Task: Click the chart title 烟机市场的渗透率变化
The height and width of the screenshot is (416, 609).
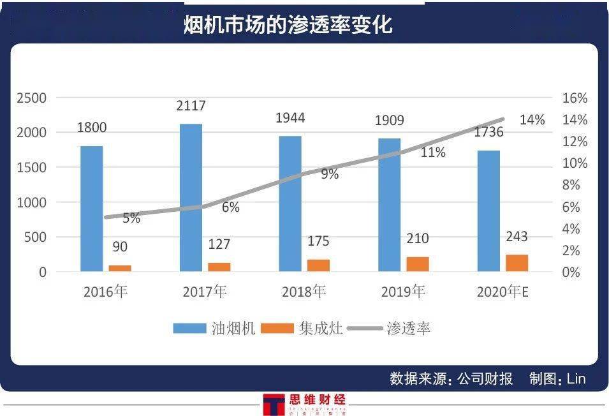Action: (288, 24)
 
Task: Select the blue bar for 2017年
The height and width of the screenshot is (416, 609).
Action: (191, 197)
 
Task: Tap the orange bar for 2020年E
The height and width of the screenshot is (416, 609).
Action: (517, 263)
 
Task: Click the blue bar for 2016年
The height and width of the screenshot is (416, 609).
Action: (92, 209)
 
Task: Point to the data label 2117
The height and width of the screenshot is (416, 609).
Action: (191, 106)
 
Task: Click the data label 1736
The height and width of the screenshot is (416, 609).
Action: (488, 132)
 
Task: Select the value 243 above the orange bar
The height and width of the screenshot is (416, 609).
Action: (517, 237)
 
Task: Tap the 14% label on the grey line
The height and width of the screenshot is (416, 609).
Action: (532, 120)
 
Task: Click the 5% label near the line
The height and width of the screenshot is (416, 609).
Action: (131, 218)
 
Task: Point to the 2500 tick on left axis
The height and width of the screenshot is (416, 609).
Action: (32, 98)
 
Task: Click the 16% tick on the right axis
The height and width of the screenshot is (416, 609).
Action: (574, 98)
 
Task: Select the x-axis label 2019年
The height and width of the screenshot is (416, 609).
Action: (403, 292)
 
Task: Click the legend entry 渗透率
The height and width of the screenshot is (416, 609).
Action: (408, 329)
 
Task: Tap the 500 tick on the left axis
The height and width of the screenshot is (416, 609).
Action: (35, 237)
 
